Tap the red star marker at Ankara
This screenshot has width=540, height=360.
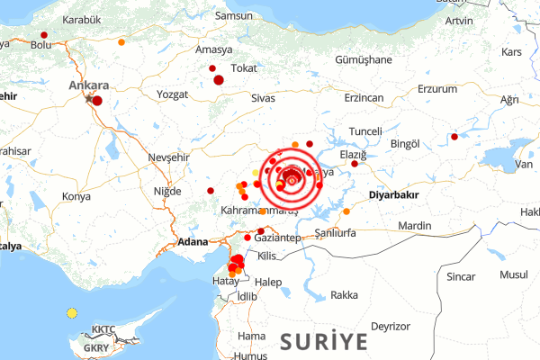click(88, 98)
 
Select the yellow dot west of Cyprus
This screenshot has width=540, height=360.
click(72, 313)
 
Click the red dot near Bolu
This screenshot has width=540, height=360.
click(44, 35)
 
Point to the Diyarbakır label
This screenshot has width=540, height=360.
click(395, 193)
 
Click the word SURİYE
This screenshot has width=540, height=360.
click(323, 342)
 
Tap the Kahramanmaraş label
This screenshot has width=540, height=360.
click(259, 211)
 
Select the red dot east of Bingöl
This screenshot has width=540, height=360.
click(454, 137)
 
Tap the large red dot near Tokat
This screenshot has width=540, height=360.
click(219, 80)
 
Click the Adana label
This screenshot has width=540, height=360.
click(193, 242)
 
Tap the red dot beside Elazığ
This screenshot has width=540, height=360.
click(355, 164)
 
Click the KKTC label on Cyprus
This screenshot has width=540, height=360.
click(104, 329)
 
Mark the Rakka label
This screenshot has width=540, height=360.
click(344, 294)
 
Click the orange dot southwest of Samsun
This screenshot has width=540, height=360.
click(121, 41)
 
